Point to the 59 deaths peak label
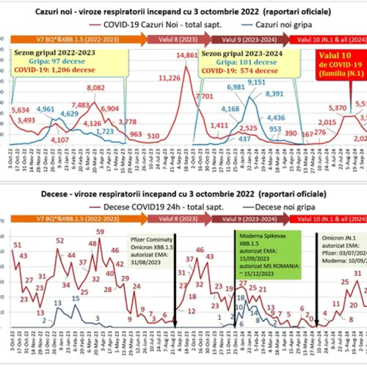(99, 232)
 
